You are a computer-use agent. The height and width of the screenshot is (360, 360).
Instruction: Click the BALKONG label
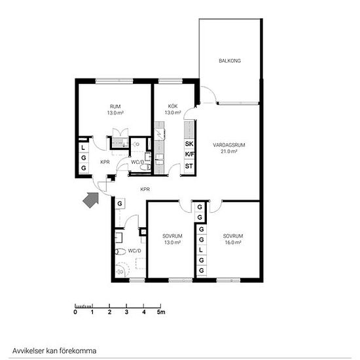coord(230,61)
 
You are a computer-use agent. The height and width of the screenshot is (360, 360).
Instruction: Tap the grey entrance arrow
coord(91,200)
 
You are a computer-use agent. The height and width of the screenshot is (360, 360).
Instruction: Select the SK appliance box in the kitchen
coord(189,144)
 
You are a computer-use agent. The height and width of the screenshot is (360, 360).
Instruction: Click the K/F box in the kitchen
coord(189,154)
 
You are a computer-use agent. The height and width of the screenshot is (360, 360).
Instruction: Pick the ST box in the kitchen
coord(189,166)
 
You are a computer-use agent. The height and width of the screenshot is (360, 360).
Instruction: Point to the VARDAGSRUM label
coord(229,145)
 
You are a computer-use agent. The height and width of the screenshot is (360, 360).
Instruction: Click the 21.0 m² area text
coord(229,151)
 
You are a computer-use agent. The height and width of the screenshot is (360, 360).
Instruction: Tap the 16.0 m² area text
coord(233,242)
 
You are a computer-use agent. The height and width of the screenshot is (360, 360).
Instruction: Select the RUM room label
coord(115,107)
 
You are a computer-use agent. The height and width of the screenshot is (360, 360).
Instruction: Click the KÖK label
coord(173,106)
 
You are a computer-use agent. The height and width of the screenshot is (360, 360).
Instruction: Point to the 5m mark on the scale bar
coord(161,312)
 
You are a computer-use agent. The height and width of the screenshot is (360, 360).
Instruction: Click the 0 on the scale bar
coord(75,312)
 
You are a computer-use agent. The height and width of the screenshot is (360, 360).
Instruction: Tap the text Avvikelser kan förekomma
coord(54,351)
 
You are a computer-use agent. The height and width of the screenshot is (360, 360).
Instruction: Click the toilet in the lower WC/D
coord(120,251)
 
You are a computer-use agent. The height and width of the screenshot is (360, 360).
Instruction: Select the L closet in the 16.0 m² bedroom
coord(201,250)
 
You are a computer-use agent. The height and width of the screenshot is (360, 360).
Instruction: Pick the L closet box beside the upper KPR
coord(84,148)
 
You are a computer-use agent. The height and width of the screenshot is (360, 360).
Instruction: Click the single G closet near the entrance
coord(120,204)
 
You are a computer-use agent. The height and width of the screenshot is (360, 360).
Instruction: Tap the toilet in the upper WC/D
coord(145,167)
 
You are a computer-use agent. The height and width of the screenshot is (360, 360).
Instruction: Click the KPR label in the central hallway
coord(145,189)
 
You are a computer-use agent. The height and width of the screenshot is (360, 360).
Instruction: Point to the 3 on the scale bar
coord(126,312)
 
